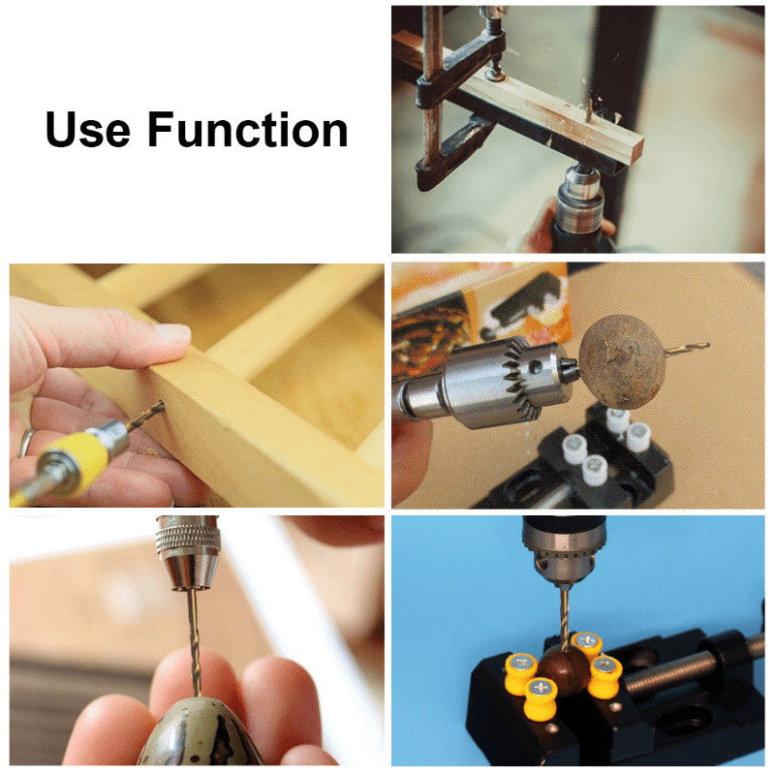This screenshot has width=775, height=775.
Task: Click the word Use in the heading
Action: [x=88, y=130]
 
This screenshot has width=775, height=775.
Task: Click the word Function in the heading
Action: [x=248, y=130]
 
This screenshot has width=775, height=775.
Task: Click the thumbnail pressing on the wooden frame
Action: [x=173, y=334]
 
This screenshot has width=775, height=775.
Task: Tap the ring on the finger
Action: [x=26, y=442]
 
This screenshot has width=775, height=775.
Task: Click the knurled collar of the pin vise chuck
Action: [x=188, y=536]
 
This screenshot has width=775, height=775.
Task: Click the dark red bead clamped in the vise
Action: [x=565, y=669]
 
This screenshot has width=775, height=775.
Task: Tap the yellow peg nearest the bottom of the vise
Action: [x=541, y=697]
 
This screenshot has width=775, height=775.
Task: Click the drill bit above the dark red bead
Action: [x=564, y=618]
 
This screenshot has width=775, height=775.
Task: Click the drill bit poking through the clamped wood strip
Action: [x=589, y=109]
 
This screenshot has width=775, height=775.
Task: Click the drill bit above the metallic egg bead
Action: [x=194, y=641]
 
